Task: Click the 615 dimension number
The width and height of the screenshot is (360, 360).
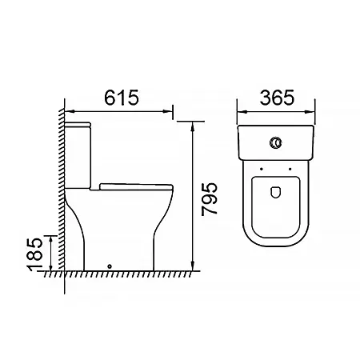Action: (122, 98)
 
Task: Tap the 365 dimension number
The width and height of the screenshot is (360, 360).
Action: (278, 98)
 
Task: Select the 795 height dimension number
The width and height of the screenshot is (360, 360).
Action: (210, 198)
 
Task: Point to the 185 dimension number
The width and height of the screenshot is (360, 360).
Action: (34, 254)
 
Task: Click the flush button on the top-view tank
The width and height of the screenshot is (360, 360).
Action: (276, 142)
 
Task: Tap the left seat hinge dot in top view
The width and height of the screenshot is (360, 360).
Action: (262, 169)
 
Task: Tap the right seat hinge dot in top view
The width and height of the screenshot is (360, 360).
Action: (290, 169)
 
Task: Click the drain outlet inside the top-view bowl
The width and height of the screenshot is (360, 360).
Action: (276, 192)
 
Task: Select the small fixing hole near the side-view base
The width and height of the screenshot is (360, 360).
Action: (110, 266)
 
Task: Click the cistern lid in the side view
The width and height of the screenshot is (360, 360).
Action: (78, 124)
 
